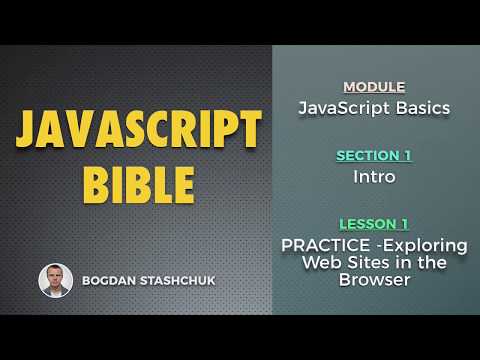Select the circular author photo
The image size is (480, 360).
click(55, 280)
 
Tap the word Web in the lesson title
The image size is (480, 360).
click(322, 262)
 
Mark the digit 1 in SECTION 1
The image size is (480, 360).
click(407, 155)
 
